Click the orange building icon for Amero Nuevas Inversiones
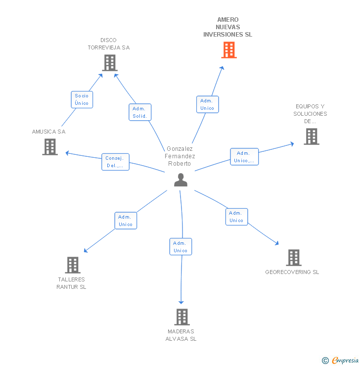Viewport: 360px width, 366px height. [229, 50]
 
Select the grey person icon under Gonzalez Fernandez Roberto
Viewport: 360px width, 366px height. [180, 180]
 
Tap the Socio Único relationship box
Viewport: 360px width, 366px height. [82, 100]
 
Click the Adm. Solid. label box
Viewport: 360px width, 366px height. [140, 112]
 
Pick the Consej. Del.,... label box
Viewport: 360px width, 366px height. [115, 162]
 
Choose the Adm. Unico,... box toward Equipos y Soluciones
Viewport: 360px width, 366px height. [244, 157]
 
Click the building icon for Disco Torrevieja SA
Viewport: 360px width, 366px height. [110, 63]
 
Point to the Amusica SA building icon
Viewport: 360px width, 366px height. [50, 147]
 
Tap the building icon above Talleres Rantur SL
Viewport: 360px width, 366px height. [73, 265]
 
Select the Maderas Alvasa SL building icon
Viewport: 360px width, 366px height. [182, 317]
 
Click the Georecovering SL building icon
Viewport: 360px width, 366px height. [294, 258]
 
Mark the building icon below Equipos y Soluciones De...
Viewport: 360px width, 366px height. [312, 137]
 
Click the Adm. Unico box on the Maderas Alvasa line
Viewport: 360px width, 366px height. [180, 246]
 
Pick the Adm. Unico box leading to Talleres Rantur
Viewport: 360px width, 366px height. [126, 221]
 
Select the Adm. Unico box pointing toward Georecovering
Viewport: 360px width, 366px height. [236, 217]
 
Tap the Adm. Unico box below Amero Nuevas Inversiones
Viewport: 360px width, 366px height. [207, 104]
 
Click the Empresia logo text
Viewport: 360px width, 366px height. [345, 360]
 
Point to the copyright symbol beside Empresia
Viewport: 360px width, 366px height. [325, 361]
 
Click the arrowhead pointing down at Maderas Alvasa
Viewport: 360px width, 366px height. [181, 302]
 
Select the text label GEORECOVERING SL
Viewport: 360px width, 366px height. [292, 272]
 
